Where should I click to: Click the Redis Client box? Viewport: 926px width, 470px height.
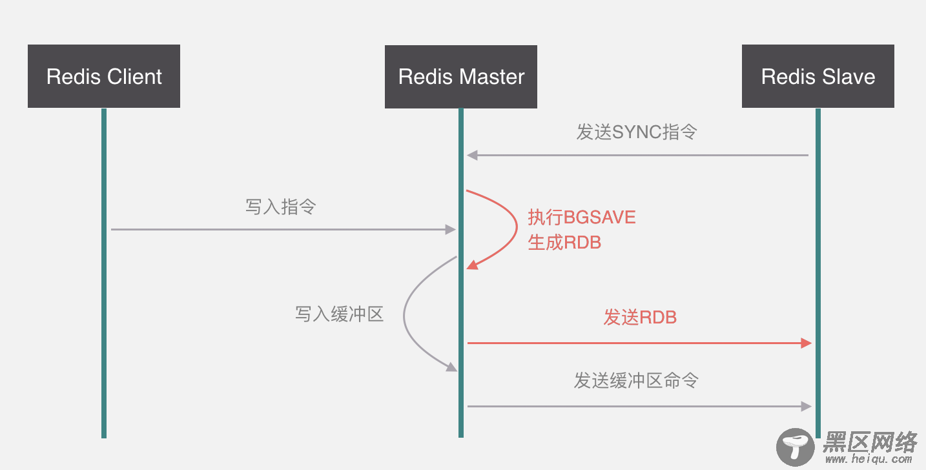point(104,76)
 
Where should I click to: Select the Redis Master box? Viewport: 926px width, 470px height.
point(460,76)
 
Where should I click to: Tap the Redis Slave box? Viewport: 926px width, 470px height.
point(818,76)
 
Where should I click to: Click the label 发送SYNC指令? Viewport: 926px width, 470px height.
point(637,132)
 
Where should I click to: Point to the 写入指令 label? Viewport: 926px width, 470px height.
point(280,207)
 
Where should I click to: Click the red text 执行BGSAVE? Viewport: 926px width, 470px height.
point(582,217)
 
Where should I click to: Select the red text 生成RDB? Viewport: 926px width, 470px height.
point(564,243)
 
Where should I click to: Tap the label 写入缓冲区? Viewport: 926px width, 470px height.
point(340,314)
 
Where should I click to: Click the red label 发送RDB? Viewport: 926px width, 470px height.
point(640,317)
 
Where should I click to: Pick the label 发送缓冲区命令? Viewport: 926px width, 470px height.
point(636,380)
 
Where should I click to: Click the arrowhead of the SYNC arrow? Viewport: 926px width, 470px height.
point(472,155)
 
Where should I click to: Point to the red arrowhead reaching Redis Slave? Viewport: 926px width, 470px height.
point(806,343)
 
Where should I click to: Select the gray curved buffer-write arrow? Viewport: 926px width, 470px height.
point(405,316)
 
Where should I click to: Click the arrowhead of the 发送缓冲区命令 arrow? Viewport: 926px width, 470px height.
point(806,406)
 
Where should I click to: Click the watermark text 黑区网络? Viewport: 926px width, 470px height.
point(870,442)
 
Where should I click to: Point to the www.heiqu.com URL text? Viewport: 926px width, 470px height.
point(870,460)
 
